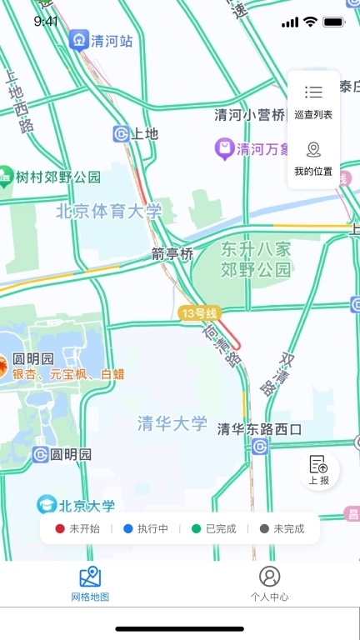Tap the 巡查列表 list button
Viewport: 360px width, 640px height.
(313, 102)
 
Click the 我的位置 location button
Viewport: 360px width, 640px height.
(313, 159)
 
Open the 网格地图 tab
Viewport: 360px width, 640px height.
(90, 583)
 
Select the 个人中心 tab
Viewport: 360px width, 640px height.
(269, 583)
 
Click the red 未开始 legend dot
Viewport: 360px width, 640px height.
(60, 528)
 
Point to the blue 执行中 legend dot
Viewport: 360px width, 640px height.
(128, 528)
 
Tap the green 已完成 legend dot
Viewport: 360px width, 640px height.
(197, 528)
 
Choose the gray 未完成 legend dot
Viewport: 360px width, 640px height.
(265, 528)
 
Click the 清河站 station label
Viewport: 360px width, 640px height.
(112, 40)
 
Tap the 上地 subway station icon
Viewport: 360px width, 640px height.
(122, 133)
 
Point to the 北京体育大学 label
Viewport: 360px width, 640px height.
(109, 212)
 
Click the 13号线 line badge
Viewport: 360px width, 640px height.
(199, 313)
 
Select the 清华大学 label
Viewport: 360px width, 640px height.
(172, 423)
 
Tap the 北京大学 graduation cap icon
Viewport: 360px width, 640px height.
(47, 504)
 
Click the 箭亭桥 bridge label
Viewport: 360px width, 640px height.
(172, 253)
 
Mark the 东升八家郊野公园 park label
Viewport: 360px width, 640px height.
(257, 259)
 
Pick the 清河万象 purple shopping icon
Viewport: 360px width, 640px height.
(224, 149)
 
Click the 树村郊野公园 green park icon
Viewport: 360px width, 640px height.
(6, 177)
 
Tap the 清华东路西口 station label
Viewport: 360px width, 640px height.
(259, 429)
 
